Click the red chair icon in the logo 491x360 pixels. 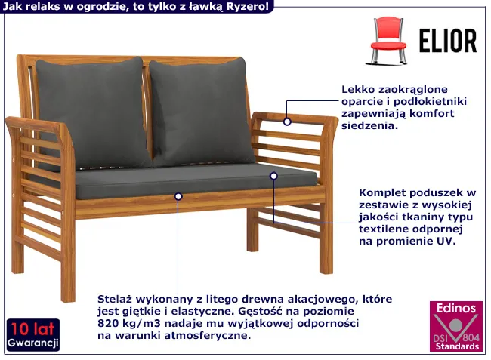388,41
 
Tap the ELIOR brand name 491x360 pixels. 448,41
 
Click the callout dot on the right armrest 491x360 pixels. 287,122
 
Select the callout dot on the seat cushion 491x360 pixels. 273,176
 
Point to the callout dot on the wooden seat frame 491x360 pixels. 178,196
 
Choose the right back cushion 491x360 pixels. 201,112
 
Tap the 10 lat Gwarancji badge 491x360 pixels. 33,335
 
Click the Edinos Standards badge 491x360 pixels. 456,326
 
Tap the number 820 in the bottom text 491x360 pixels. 107,323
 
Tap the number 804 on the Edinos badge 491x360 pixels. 471,338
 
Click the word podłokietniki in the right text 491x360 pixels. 431,102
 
